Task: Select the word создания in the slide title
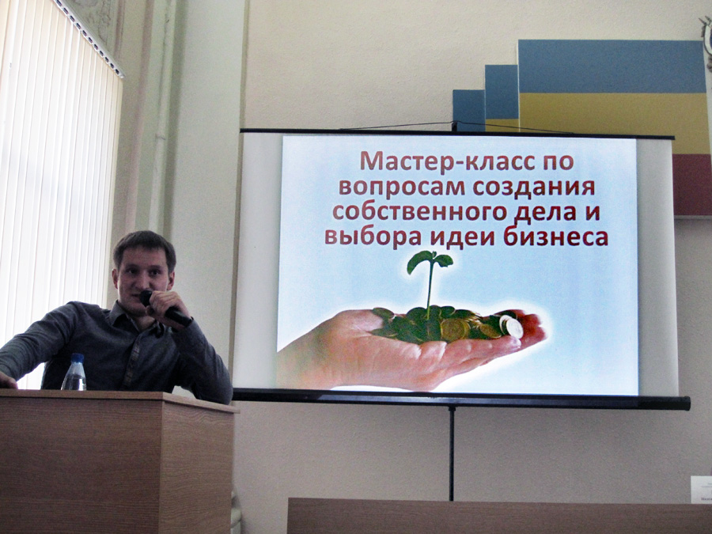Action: point(534,187)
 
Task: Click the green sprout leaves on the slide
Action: point(430,261)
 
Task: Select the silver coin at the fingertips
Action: point(512,326)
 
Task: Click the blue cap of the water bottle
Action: point(78,358)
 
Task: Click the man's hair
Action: point(145,248)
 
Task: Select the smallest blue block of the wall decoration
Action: point(468,110)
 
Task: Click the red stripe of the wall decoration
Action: point(692,184)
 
